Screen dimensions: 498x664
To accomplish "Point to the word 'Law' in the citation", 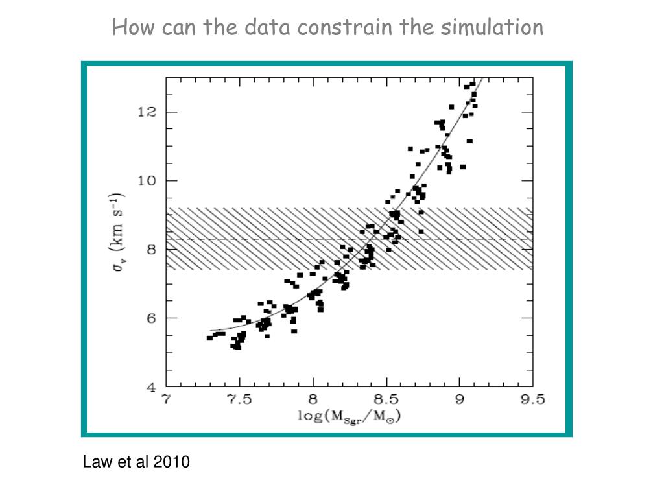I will tap(95, 462).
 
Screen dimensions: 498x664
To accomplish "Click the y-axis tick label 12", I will tap(147, 112).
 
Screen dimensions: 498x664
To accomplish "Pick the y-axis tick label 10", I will tap(147, 181).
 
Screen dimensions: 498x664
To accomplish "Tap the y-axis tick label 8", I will tap(150, 250).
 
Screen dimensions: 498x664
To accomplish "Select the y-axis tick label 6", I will tap(150, 318).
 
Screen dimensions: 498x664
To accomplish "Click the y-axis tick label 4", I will tap(150, 387).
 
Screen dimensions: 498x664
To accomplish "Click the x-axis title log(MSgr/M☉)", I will tap(350, 417).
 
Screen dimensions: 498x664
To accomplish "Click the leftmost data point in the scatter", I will tap(209, 338).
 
